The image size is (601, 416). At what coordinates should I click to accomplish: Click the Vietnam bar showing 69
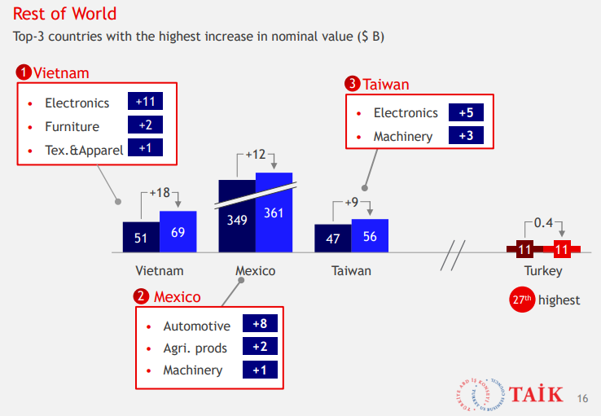pos(178,232)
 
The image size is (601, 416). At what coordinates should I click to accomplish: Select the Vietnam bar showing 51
pos(141,237)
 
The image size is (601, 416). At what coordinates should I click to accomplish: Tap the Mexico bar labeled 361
pos(274,213)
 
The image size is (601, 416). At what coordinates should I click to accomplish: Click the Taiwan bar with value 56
pos(370,236)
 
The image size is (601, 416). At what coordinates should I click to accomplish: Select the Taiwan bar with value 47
pos(333,238)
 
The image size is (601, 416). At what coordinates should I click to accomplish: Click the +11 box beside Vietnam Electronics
pos(145,102)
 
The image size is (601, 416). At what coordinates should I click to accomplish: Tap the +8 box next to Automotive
pos(260,324)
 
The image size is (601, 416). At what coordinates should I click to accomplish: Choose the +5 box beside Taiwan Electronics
pos(466,112)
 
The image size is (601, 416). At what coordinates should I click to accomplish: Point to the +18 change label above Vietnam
pos(160,194)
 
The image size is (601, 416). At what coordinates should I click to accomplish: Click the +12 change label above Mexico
pos(256,155)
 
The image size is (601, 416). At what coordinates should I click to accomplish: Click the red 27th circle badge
pos(522,300)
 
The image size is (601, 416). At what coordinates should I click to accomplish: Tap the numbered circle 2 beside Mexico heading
pos(143,296)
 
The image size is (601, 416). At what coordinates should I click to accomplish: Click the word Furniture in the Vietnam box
pos(72,126)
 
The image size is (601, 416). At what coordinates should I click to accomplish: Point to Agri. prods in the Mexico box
pos(195,348)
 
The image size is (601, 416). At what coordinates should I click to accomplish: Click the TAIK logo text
pos(537,395)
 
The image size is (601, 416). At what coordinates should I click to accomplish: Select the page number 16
pos(581,398)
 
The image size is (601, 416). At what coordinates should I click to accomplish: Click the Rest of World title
pos(64,14)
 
